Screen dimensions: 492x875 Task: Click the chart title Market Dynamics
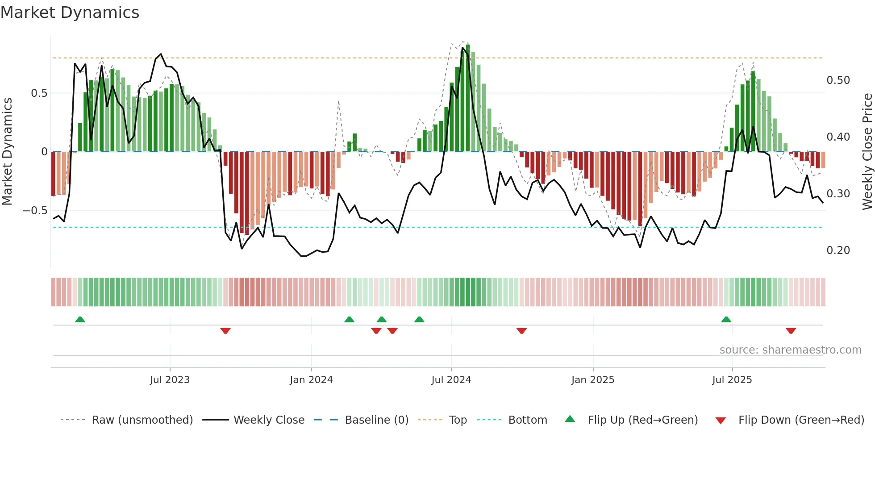[70, 13]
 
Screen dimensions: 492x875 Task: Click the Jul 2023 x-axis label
[170, 380]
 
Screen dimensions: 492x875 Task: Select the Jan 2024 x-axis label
[311, 380]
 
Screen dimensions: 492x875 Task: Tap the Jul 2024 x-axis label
[451, 380]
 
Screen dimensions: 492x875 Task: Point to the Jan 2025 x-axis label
[593, 380]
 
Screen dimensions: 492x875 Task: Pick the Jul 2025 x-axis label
[732, 380]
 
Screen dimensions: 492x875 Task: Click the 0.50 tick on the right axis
[838, 80]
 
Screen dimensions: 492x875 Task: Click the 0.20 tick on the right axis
[838, 250]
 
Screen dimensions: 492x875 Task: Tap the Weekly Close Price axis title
[867, 151]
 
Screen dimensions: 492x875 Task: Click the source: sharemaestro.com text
[790, 350]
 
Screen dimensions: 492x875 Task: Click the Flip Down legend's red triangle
[720, 421]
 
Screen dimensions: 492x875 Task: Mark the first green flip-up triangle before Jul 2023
[80, 320]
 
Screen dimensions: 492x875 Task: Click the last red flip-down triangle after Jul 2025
[791, 331]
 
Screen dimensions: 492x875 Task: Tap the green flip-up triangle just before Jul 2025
[726, 320]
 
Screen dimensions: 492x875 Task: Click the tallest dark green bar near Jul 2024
[467, 98]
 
